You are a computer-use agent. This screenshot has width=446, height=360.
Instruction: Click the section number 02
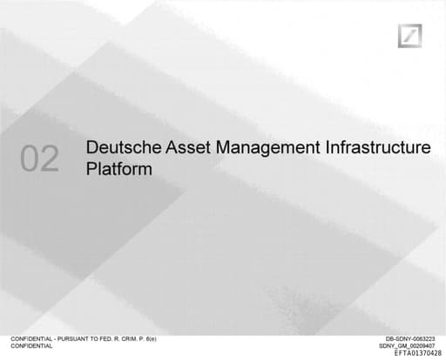pos(40,159)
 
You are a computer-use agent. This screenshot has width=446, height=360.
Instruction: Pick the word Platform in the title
pos(119,169)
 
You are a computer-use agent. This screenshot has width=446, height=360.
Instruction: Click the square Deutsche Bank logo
pos(409,37)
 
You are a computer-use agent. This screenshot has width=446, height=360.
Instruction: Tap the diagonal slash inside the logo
pos(409,37)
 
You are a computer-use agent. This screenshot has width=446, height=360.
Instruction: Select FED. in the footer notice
pos(112,339)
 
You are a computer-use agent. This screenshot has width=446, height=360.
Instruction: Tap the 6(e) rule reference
pos(160,339)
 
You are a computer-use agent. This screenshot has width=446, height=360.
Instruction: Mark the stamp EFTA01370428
pos(417,354)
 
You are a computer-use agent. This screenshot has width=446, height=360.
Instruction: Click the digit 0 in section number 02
pos(30,159)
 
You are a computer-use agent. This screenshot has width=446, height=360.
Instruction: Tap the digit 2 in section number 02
pos(50,159)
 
